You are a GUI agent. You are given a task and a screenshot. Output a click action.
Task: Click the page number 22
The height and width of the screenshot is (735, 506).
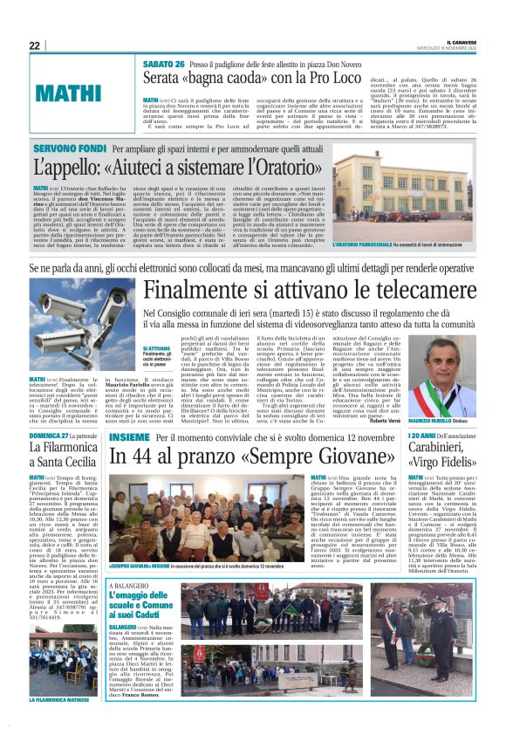coord(35,45)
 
